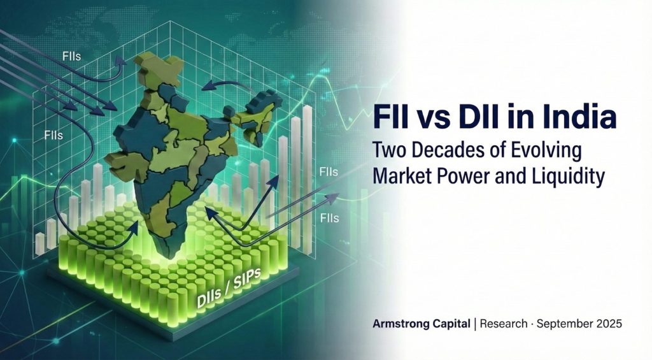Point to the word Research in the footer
[x=504, y=324]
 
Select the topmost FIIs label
[x=71, y=56]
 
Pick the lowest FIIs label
[x=329, y=218]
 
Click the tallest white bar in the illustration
[x=308, y=179]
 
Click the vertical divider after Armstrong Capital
[x=475, y=324]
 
